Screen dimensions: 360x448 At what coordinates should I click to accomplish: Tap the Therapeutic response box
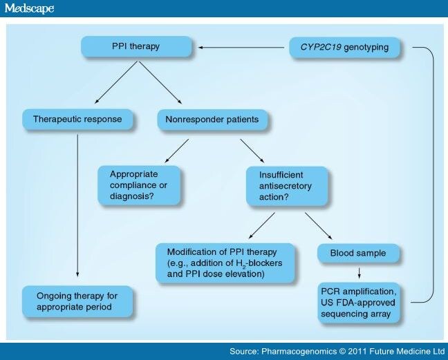[77, 119]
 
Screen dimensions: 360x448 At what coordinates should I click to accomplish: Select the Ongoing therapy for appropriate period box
[77, 301]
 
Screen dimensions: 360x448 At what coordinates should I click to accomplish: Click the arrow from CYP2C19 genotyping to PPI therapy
[242, 48]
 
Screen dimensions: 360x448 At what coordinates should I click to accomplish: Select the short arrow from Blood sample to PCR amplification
[359, 272]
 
